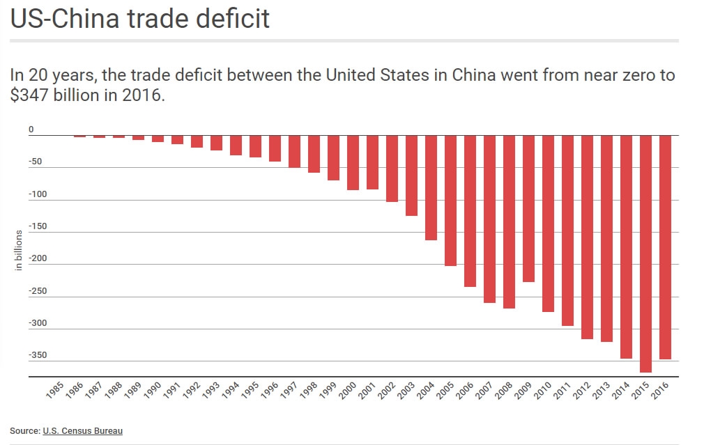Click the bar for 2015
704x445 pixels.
coord(645,254)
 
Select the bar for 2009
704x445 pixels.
coord(528,209)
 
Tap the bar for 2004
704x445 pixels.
coord(431,188)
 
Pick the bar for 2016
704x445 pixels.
coord(665,247)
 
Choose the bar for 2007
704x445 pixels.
coord(489,219)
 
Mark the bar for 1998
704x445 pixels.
coord(314,154)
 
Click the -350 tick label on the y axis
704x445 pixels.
coord(37,355)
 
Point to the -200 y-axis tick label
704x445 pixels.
coord(37,258)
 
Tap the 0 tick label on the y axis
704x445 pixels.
coord(31,130)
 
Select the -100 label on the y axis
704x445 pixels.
coord(37,194)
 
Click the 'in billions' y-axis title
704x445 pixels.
coord(19,250)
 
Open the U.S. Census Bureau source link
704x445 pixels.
coord(82,431)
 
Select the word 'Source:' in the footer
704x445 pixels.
coord(24,431)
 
